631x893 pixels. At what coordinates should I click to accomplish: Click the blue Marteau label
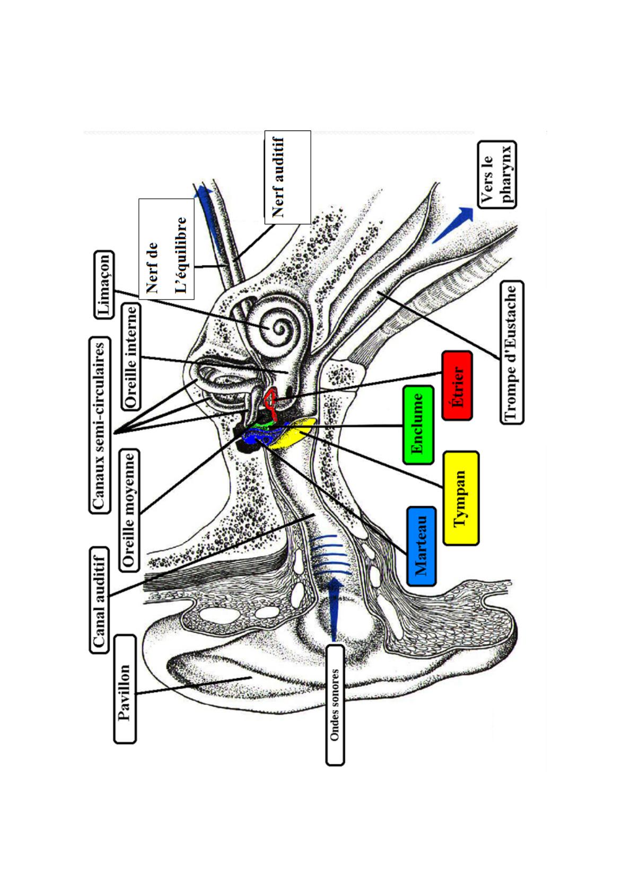422,546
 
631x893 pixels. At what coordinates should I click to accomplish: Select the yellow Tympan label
461,498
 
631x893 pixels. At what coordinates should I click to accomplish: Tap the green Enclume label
418,425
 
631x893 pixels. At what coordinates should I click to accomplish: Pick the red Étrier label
457,386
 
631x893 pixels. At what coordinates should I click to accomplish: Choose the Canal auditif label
99,600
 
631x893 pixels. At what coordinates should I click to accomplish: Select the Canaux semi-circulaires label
99,425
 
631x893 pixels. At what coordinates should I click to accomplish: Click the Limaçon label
104,285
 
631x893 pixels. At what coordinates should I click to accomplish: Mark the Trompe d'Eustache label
512,352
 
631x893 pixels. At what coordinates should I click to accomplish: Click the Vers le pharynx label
496,174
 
